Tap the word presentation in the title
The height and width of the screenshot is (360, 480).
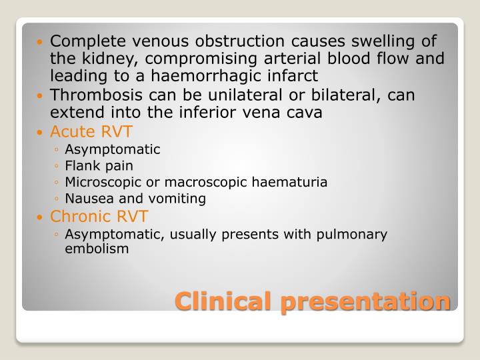point(365,301)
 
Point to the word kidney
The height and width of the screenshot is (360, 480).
point(97,59)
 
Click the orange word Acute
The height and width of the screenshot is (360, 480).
point(71,131)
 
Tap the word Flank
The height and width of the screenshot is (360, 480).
point(80,165)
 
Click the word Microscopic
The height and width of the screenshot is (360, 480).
point(98,182)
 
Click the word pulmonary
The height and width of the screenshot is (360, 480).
point(354,234)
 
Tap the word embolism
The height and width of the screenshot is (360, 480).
point(93,249)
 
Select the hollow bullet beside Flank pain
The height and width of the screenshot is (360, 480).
point(58,166)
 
